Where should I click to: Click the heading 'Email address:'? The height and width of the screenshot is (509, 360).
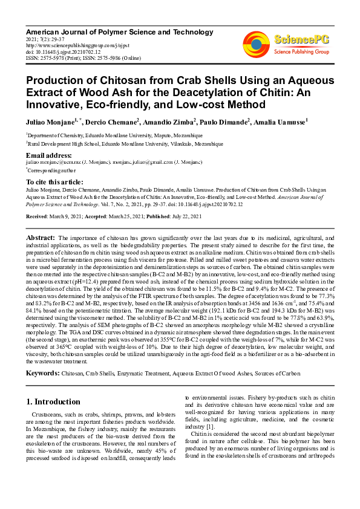point(48,156)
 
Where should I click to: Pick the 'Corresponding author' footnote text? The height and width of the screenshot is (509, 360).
point(50,171)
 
